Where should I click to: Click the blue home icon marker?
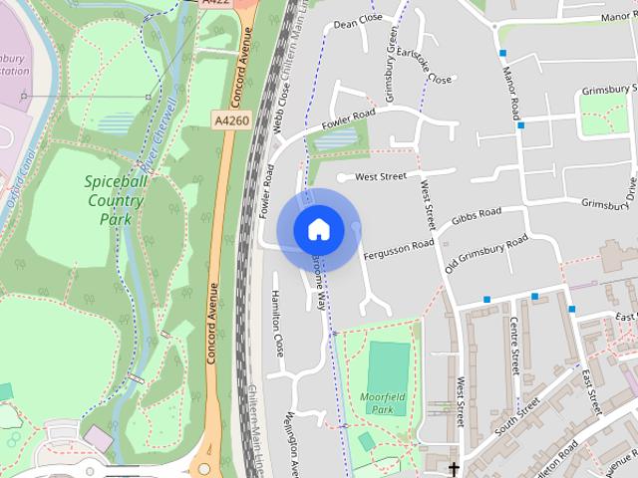318,230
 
